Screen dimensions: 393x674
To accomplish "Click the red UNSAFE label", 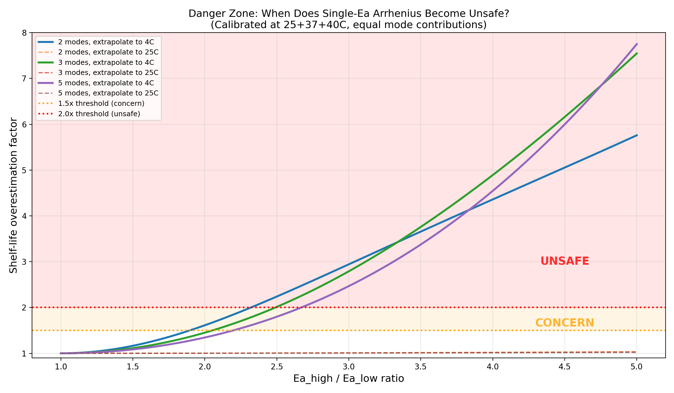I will click(x=564, y=261).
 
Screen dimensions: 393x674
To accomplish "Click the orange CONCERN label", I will click(x=564, y=323).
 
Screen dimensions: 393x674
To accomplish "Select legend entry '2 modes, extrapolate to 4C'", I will click(x=106, y=42).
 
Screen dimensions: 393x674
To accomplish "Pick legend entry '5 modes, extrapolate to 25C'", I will click(x=108, y=93).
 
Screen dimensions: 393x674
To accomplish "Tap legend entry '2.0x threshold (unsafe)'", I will click(x=99, y=114).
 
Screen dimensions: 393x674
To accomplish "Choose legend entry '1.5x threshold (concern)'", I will click(x=101, y=103).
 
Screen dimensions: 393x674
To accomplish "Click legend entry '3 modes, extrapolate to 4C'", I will click(x=106, y=63).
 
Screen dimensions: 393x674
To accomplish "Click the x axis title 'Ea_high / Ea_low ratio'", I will click(x=349, y=379).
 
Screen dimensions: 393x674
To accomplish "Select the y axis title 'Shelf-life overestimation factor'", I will click(x=13, y=195).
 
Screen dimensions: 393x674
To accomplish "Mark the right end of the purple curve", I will click(x=637, y=44).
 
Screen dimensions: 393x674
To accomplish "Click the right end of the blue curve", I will click(x=637, y=135).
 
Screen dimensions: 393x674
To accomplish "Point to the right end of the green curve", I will click(x=637, y=53).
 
